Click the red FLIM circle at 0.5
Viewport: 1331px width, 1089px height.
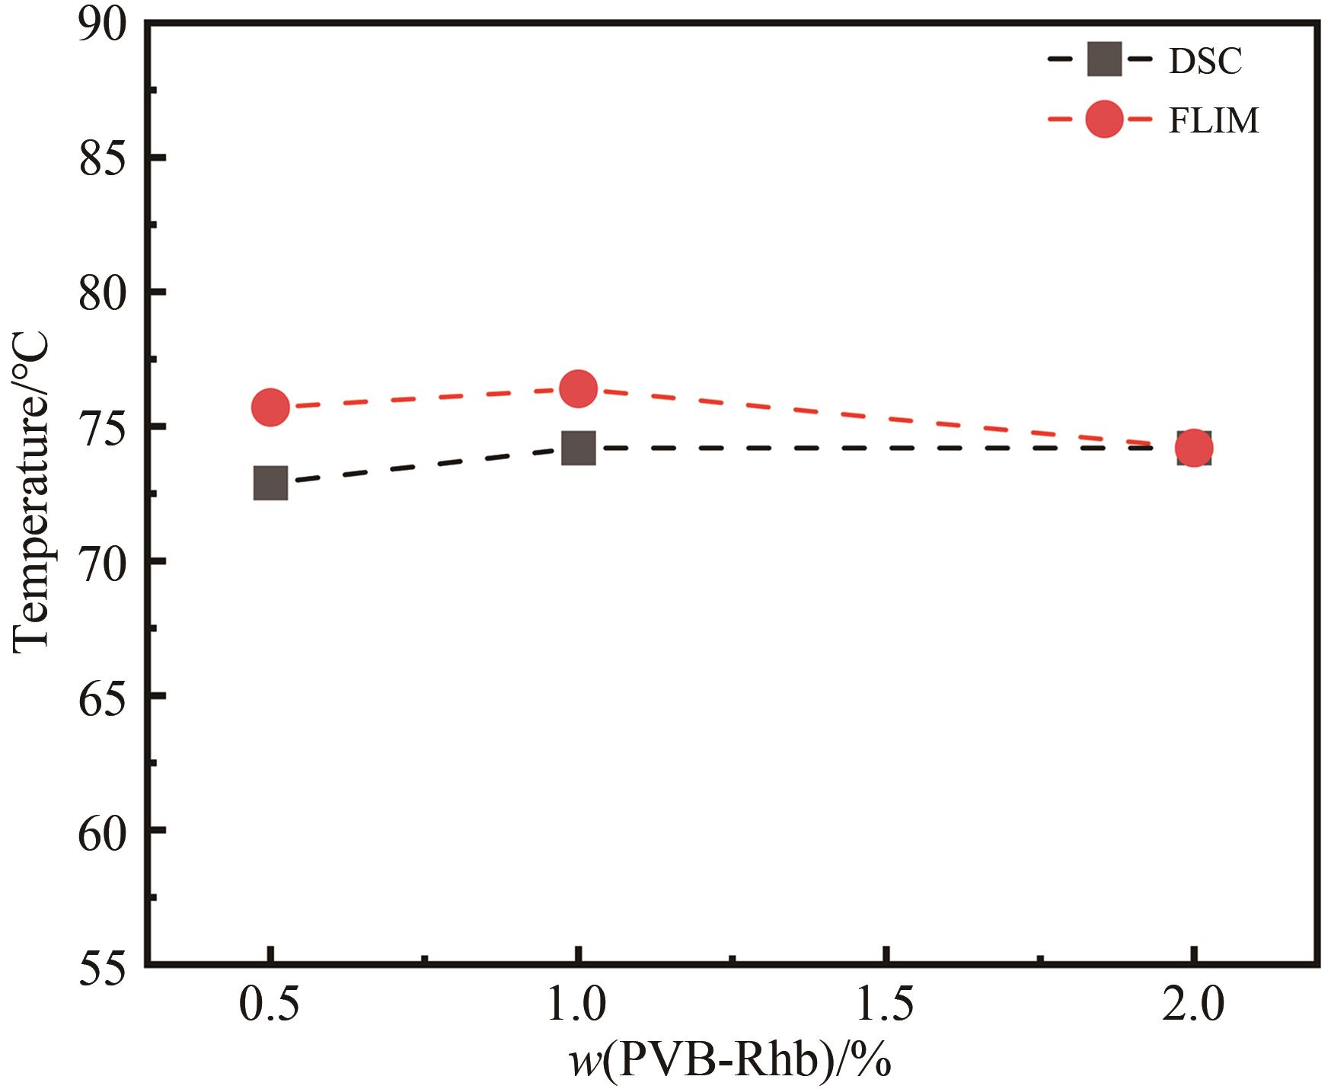pos(270,407)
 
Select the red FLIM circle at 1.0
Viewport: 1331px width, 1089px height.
pos(578,388)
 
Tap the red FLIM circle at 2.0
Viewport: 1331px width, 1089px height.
pos(1194,448)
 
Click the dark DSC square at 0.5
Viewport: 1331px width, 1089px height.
pos(270,483)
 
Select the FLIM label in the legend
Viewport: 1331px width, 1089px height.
pos(1214,121)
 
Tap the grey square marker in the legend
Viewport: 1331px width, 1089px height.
pos(1104,59)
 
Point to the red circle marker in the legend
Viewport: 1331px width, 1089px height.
pos(1104,120)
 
